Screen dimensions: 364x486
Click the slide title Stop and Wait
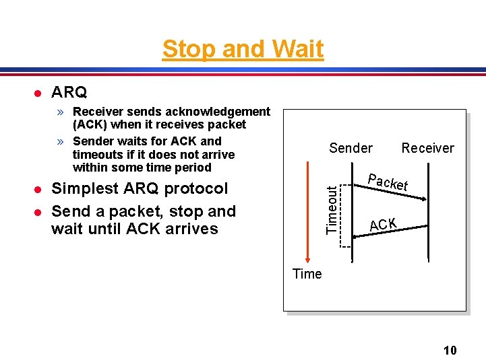click(x=243, y=49)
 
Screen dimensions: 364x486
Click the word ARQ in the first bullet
click(x=69, y=92)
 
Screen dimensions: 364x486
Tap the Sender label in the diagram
click(x=351, y=148)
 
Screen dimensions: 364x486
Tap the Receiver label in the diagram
click(x=427, y=148)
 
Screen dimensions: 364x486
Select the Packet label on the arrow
click(x=388, y=182)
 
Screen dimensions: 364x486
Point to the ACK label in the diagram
click(x=383, y=224)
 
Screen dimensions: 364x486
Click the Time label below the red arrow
click(x=307, y=274)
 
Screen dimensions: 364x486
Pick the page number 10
click(x=450, y=350)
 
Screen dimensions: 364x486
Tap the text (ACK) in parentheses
click(x=91, y=124)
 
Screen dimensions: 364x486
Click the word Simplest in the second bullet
click(x=85, y=188)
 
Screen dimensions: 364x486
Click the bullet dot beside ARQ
click(x=39, y=92)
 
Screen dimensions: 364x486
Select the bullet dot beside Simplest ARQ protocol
click(x=39, y=189)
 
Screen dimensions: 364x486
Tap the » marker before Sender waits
click(x=61, y=141)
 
